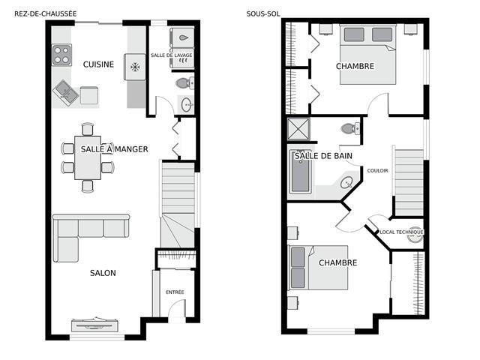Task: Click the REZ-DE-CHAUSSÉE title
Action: [x=45, y=13]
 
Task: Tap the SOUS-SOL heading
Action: [x=263, y=13]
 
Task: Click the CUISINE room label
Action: [x=98, y=64]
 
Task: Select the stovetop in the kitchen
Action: [x=61, y=55]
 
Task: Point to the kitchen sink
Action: [x=65, y=93]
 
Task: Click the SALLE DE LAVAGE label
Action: [x=172, y=55]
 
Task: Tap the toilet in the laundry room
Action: [x=184, y=82]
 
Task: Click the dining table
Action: [x=88, y=157]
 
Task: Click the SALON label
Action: [x=103, y=273]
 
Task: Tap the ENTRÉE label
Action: [x=175, y=292]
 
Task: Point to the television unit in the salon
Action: [x=95, y=325]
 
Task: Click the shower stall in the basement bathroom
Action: [x=298, y=129]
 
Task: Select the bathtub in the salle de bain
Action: [x=301, y=171]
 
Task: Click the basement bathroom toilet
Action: [x=350, y=128]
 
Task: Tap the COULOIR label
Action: [x=377, y=170]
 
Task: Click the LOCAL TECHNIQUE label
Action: [x=401, y=232]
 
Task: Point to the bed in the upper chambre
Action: [x=368, y=55]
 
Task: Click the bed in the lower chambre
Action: [x=318, y=268]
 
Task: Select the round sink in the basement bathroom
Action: [x=346, y=183]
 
